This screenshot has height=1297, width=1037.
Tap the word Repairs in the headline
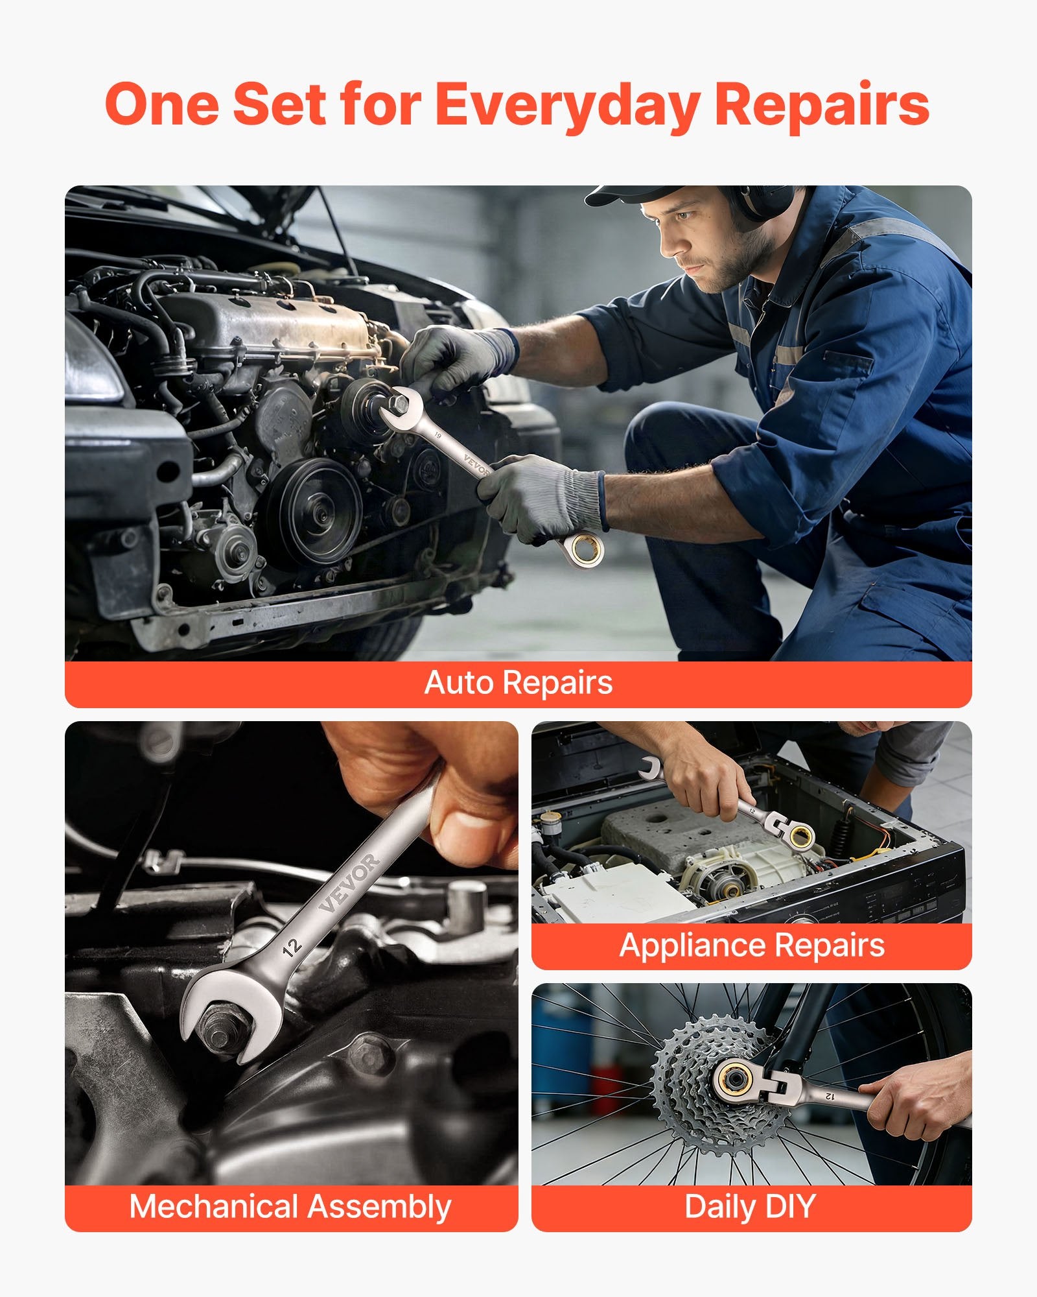point(822,106)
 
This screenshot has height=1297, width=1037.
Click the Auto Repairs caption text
point(518,683)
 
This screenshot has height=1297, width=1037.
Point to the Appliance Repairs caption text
point(752,945)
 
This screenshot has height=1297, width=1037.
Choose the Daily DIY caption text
point(750,1207)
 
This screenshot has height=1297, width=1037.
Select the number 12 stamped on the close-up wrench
point(292,947)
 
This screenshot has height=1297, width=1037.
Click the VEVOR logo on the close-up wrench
point(350,883)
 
